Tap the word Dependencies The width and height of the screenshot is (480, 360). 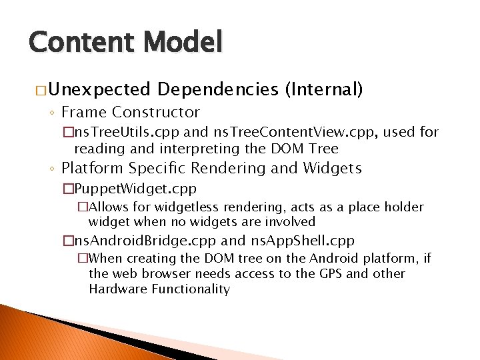218,89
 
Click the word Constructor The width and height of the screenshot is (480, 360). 158,112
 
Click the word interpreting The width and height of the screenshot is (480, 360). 189,148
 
